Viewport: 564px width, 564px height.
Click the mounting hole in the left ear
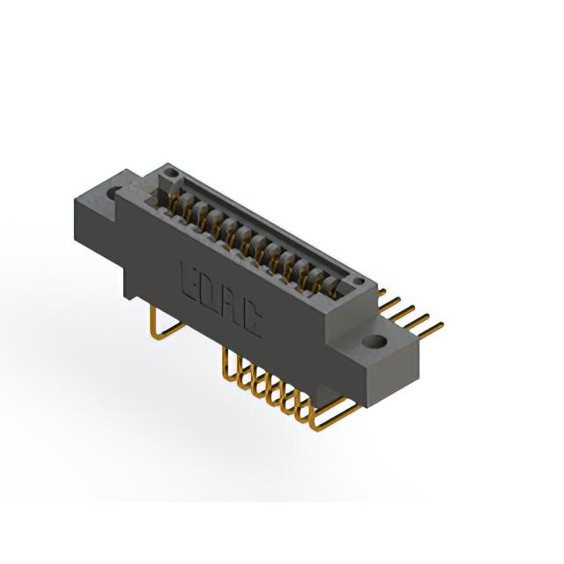115,192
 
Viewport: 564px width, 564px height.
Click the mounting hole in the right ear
374,341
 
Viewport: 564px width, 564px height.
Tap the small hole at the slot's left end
170,174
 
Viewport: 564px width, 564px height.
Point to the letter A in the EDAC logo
230,307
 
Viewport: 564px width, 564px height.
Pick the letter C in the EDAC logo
251,318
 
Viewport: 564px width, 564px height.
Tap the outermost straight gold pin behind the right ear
431,331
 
